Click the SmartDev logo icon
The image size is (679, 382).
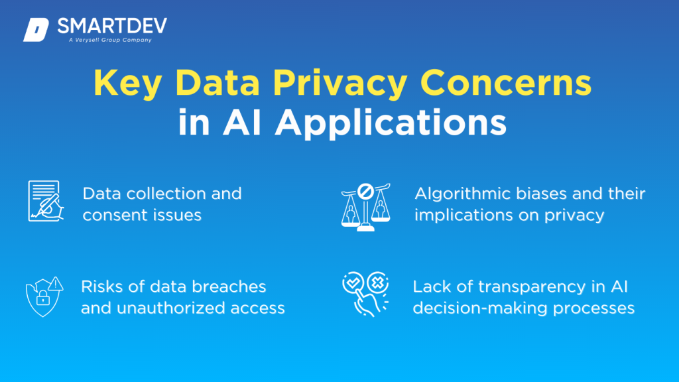click(x=36, y=31)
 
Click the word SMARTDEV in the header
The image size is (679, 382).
click(x=111, y=26)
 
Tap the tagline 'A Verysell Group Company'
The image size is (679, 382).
click(x=110, y=40)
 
